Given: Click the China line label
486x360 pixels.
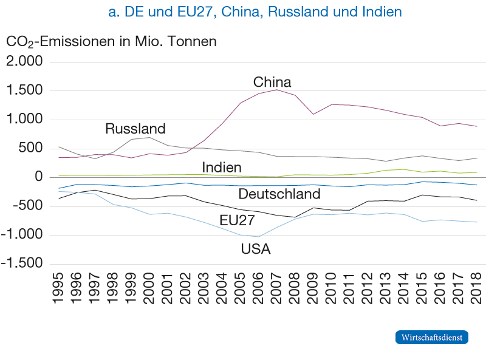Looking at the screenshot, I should coord(272,82).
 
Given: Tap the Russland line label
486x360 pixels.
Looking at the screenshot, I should coord(135,129).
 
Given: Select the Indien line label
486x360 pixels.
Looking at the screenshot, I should coord(222,167).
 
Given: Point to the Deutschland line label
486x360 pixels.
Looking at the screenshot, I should coord(279,194).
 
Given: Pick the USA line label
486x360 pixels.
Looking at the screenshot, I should coord(256,249).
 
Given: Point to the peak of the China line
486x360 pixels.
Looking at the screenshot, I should coord(277,90).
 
